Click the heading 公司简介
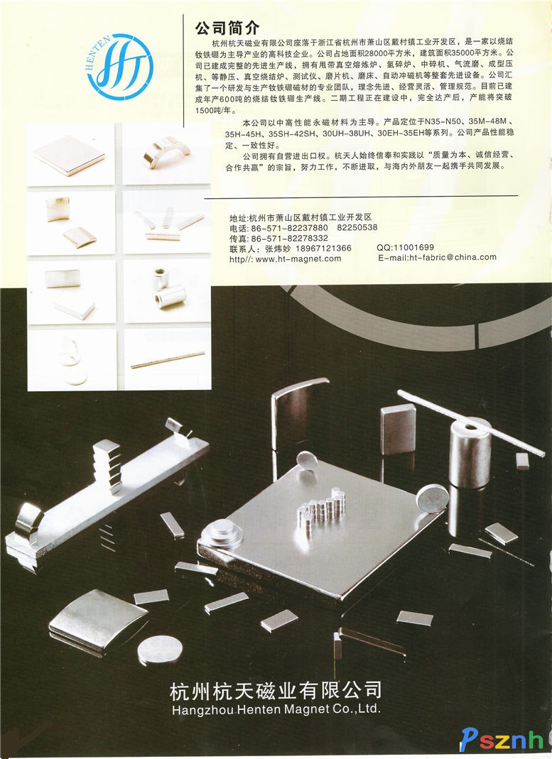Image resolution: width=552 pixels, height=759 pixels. click(227, 28)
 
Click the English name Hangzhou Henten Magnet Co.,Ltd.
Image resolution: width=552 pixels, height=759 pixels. click(276, 709)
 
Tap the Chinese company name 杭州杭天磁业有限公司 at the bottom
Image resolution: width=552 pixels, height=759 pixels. click(276, 690)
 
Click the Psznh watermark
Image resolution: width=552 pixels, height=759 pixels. click(501, 740)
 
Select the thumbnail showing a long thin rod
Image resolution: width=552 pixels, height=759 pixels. click(168, 359)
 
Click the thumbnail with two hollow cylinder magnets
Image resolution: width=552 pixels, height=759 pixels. click(168, 291)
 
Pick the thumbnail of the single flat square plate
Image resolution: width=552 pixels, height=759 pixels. click(71, 154)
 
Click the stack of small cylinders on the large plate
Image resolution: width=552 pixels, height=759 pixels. click(322, 509)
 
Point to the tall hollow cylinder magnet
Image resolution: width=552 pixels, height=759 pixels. click(470, 454)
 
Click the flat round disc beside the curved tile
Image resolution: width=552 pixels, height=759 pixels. click(160, 650)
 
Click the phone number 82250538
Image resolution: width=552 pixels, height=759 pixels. click(357, 227)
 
